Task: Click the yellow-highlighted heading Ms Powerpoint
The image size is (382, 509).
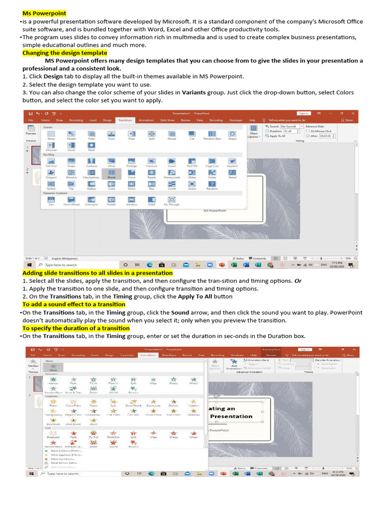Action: (x=44, y=13)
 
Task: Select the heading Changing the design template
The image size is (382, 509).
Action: (x=65, y=53)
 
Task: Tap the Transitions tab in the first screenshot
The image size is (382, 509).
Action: (x=124, y=120)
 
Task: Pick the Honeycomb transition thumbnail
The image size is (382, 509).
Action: (x=172, y=173)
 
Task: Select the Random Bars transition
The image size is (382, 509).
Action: (x=212, y=135)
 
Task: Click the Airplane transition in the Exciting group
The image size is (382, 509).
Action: (x=232, y=162)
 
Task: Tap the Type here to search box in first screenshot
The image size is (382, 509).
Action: (x=75, y=265)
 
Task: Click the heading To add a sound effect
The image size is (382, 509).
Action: (x=74, y=304)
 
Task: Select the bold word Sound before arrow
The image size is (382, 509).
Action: (x=180, y=313)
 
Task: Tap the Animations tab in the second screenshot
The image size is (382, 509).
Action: (x=148, y=355)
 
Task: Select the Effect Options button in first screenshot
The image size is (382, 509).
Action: (x=254, y=135)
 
